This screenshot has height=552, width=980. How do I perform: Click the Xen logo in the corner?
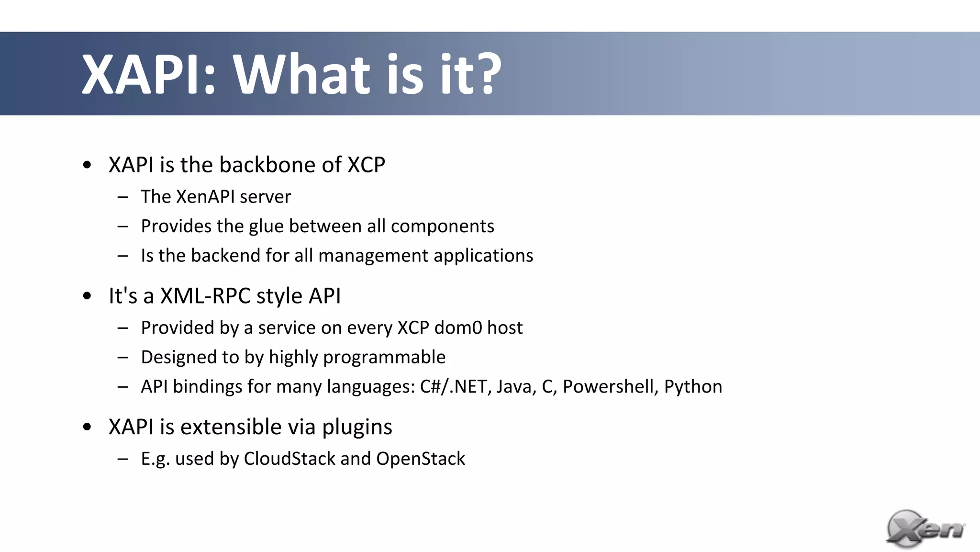pos(924,529)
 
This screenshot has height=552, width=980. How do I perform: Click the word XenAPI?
pos(205,197)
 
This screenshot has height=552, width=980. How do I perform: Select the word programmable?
pos(384,358)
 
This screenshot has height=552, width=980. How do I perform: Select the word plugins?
pos(357,427)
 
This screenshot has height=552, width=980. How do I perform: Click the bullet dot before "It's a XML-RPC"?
pos(87,296)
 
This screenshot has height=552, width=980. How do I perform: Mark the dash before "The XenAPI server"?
pos(122,197)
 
